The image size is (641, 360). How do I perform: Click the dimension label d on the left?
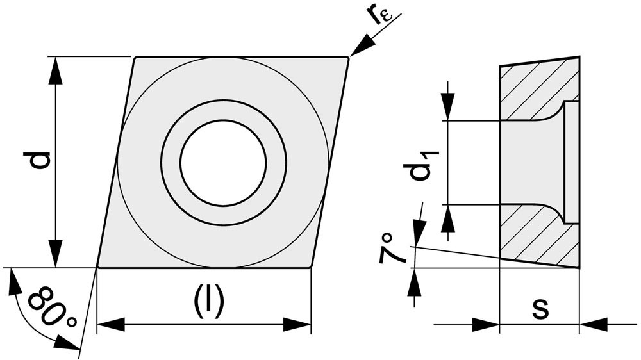point(40,160)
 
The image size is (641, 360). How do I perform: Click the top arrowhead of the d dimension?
point(56,69)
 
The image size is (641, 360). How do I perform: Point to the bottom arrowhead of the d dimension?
point(56,255)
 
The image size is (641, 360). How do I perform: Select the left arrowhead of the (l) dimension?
point(108,325)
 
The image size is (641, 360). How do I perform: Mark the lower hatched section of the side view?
point(532,237)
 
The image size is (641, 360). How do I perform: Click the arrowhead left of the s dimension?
point(487,325)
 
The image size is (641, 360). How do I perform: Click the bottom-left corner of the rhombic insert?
point(97,266)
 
